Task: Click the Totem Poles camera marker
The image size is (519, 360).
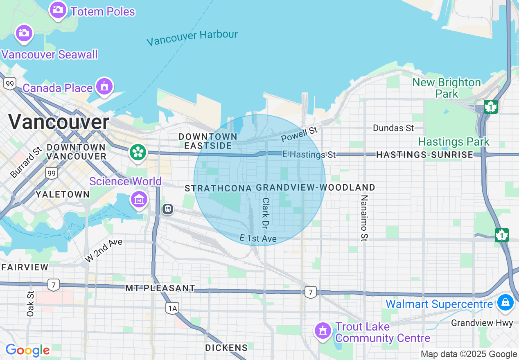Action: pos(58,10)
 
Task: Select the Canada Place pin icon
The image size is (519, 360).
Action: pos(104,87)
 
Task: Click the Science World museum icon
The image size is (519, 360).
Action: pos(139,200)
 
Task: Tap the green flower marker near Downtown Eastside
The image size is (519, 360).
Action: pos(138,153)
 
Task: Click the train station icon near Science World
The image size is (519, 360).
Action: pos(167,209)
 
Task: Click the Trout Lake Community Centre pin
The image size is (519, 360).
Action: pos(323,330)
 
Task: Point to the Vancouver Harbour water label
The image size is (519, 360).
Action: pos(192,38)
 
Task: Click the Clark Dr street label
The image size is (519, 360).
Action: pos(266,213)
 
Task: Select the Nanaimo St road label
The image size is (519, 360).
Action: pos(364,218)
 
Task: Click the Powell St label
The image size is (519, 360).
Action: pos(299,134)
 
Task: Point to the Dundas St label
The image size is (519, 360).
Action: pos(393,128)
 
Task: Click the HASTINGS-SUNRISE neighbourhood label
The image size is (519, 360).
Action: pos(424,154)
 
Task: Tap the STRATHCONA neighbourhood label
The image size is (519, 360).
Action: pos(218,188)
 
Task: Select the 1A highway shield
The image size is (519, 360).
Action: pos(172,308)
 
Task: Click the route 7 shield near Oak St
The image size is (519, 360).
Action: pos(53,284)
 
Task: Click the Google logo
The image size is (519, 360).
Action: pos(27,350)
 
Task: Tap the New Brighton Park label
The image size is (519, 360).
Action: pos(447,88)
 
